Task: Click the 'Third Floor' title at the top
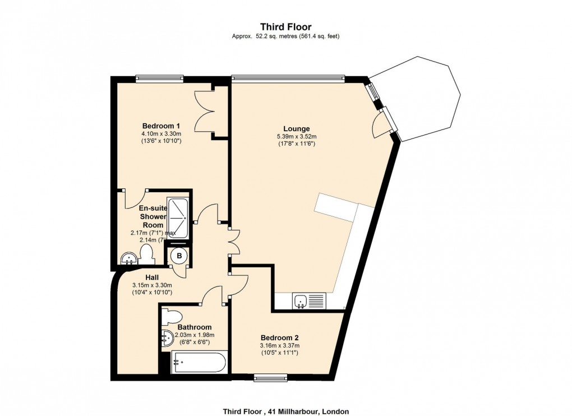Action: (x=285, y=26)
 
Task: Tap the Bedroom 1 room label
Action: (x=161, y=126)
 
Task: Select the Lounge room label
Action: (x=297, y=128)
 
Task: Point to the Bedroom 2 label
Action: (x=279, y=338)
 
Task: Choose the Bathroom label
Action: (x=195, y=327)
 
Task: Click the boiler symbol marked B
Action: (x=179, y=256)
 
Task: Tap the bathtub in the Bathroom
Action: (x=199, y=362)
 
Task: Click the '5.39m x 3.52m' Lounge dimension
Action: (x=297, y=136)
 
